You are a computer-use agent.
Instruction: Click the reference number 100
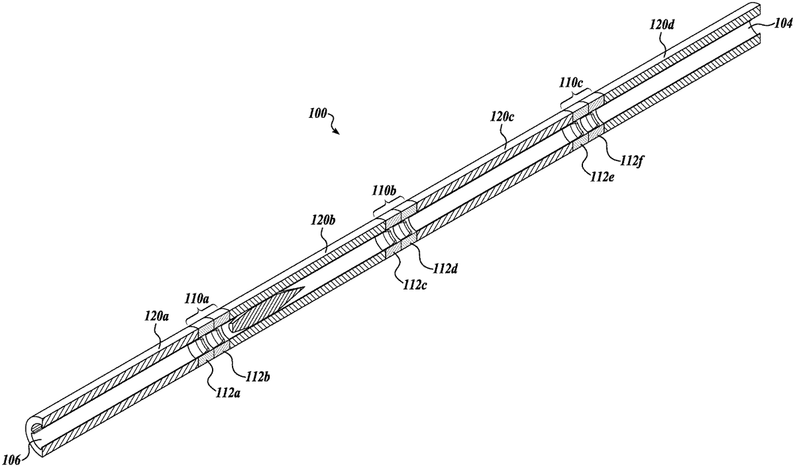coord(317,113)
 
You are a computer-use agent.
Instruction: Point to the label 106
coord(11,460)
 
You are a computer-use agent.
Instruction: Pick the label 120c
coord(502,117)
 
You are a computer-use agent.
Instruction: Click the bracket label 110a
coord(197,298)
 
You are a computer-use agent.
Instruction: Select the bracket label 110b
coord(384,191)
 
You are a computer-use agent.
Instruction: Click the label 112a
coord(227,393)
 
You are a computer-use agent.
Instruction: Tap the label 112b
coord(257,377)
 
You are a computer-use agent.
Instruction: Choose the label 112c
coord(414,285)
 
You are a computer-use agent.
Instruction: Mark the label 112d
coord(445,269)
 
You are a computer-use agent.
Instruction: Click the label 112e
coord(602,177)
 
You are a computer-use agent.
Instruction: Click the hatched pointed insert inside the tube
coord(266,309)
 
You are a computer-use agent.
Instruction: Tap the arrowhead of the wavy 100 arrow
coord(337,132)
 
